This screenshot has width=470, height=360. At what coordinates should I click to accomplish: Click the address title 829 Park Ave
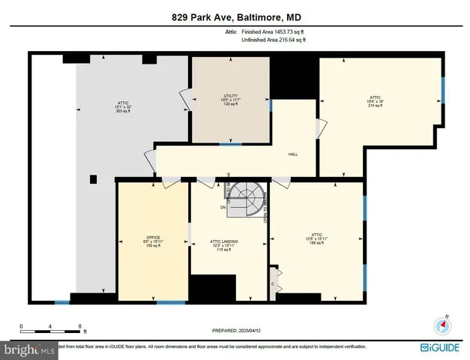[x=235, y=17]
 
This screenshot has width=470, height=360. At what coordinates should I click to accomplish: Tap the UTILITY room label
[x=229, y=96]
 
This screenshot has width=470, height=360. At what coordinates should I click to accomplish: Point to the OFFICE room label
[x=153, y=237]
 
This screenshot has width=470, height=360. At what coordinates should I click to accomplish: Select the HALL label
[x=293, y=154]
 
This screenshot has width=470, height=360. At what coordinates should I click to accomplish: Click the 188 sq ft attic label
[x=316, y=242]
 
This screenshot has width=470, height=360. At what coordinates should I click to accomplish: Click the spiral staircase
[x=244, y=198]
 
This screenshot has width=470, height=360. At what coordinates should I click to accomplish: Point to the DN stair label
[x=223, y=207]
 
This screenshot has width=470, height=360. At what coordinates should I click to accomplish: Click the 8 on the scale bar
[x=80, y=326]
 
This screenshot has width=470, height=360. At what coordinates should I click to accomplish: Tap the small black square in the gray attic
[x=93, y=178]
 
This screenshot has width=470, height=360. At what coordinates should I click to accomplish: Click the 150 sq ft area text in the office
[x=153, y=245]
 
